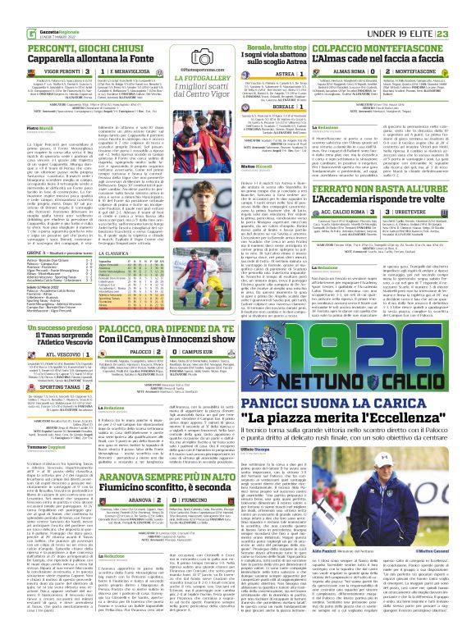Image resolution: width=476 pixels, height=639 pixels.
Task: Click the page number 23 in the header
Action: click(465, 10)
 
